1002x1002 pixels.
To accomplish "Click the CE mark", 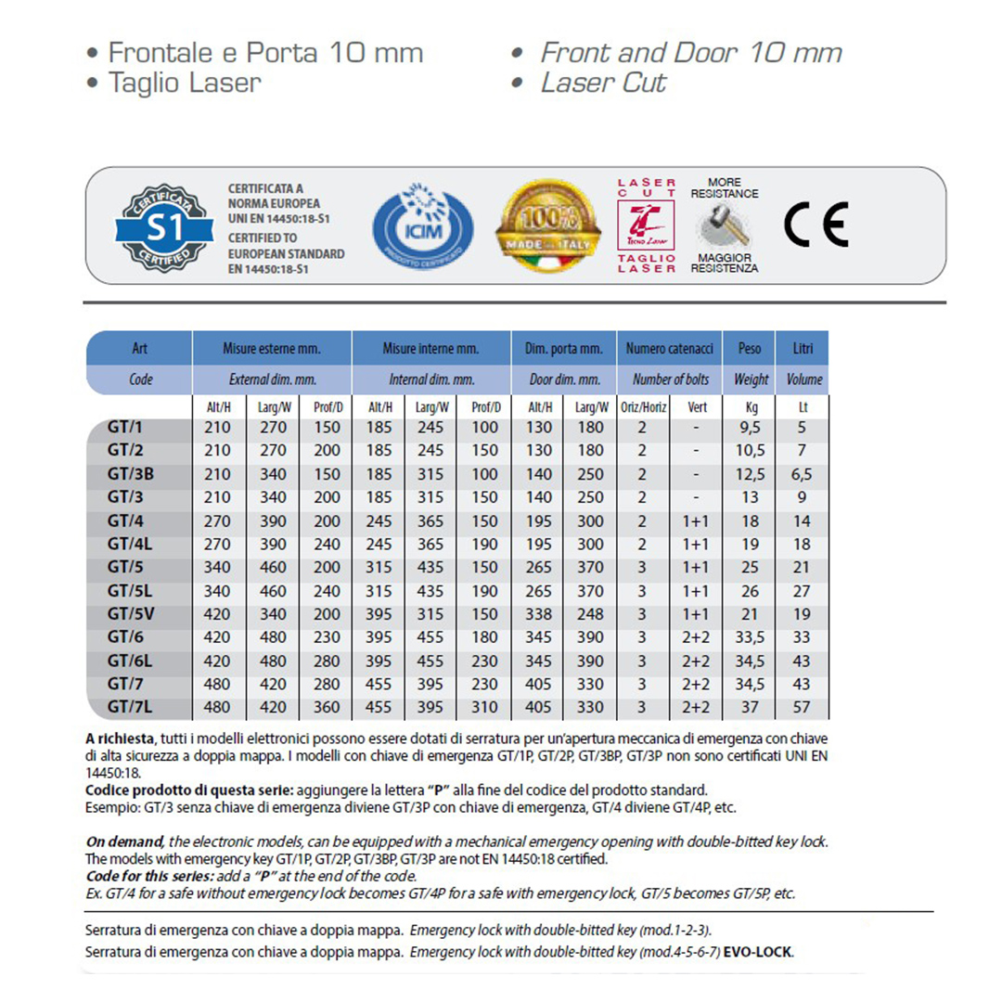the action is (x=816, y=225).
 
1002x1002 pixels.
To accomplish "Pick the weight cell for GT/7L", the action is (x=750, y=707).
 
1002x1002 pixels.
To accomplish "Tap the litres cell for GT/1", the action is (x=803, y=429).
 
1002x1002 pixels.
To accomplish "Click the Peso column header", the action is (x=750, y=348).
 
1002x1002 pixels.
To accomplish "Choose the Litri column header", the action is (x=803, y=348).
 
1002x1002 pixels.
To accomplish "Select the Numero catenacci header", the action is (x=670, y=348).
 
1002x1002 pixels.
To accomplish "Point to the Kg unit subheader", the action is (x=750, y=406).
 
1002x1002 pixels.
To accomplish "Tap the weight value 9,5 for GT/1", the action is (x=750, y=429).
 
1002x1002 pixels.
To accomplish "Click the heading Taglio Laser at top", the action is (x=185, y=82).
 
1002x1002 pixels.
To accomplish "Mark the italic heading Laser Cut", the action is (x=603, y=82).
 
